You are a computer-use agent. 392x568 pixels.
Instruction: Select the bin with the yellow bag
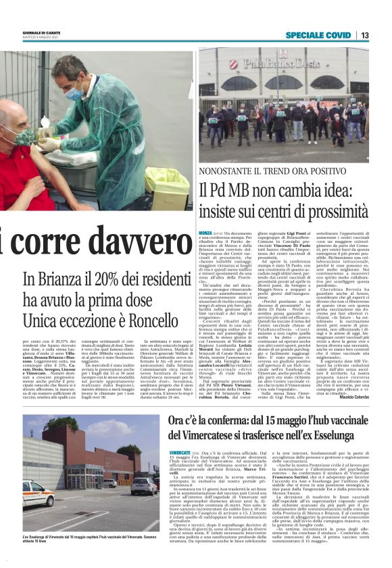[x=166, y=186]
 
